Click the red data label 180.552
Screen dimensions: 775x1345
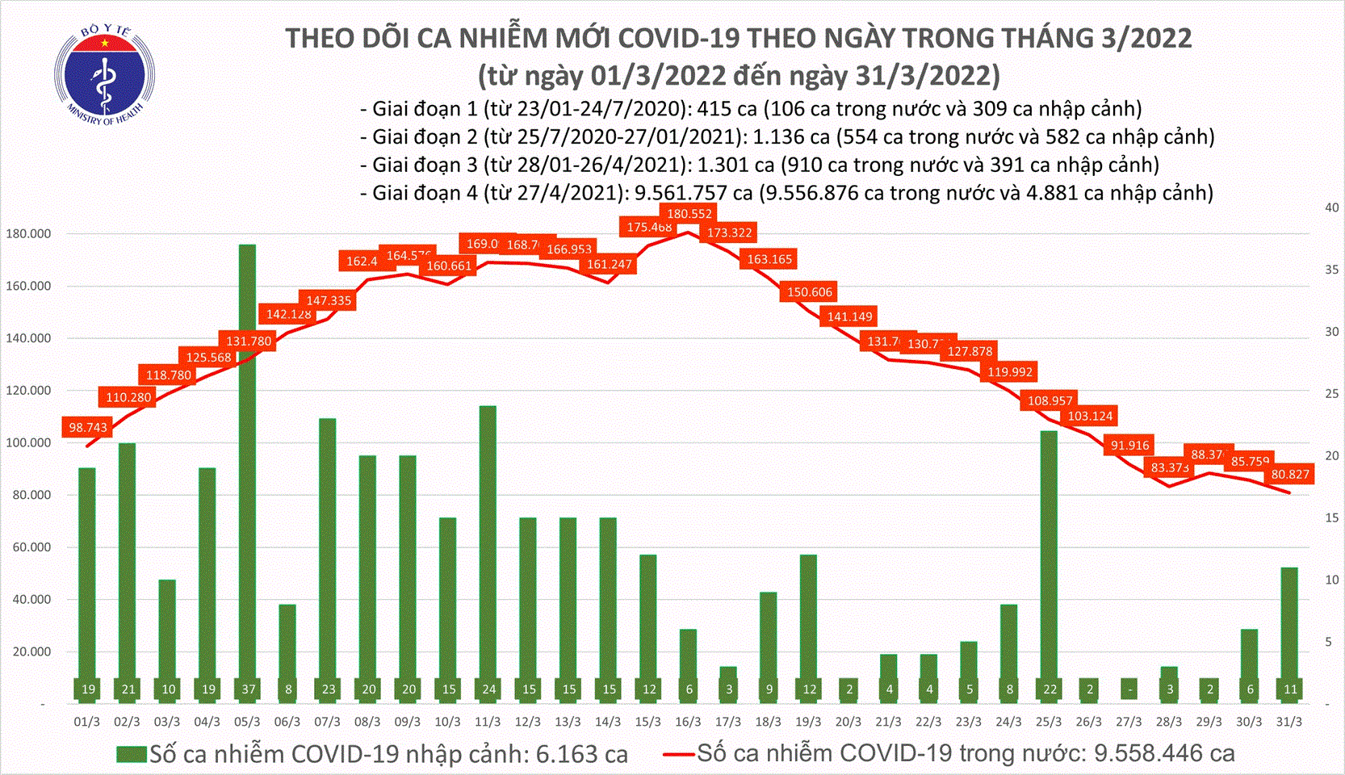[x=689, y=214]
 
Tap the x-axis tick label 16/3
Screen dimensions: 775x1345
[x=688, y=722]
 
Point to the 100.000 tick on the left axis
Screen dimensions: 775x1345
[x=28, y=443]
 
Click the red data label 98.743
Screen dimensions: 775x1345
[x=88, y=427]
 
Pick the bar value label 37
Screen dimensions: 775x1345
[x=249, y=689]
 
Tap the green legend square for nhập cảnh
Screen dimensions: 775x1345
[x=132, y=755]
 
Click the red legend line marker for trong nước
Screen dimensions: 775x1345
[x=678, y=755]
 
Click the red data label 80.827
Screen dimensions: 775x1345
[x=1290, y=475]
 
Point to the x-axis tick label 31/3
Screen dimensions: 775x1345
[x=1289, y=722]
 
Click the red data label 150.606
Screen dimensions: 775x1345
[x=809, y=292]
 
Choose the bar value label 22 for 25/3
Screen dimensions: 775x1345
[x=1049, y=689]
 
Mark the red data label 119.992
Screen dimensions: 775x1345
[x=1010, y=372]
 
